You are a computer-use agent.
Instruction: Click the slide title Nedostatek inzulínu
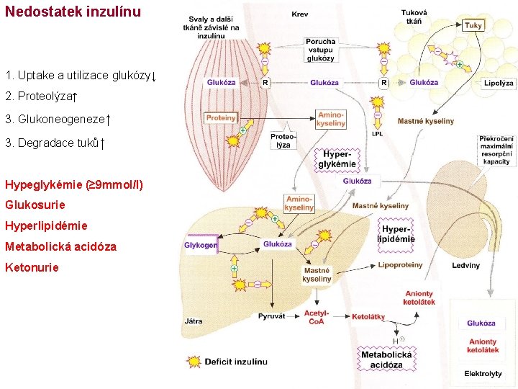point(73,12)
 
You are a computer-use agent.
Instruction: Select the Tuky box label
point(473,25)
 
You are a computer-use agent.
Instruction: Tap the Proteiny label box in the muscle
point(221,117)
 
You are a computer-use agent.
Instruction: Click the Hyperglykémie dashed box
point(337,159)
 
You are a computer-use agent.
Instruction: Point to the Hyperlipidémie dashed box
point(396,233)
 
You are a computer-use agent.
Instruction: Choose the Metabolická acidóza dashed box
point(386,359)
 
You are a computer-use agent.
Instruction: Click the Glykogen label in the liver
point(201,245)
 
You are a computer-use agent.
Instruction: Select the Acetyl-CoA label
point(317,317)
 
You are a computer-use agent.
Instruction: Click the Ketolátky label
point(368,317)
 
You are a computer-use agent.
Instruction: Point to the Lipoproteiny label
point(400,265)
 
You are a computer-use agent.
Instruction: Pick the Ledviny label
point(465,266)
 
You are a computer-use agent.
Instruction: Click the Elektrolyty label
point(483,374)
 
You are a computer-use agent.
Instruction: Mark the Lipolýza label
point(499,84)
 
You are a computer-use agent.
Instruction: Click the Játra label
point(194,321)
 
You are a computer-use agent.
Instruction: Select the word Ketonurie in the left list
point(32,267)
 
